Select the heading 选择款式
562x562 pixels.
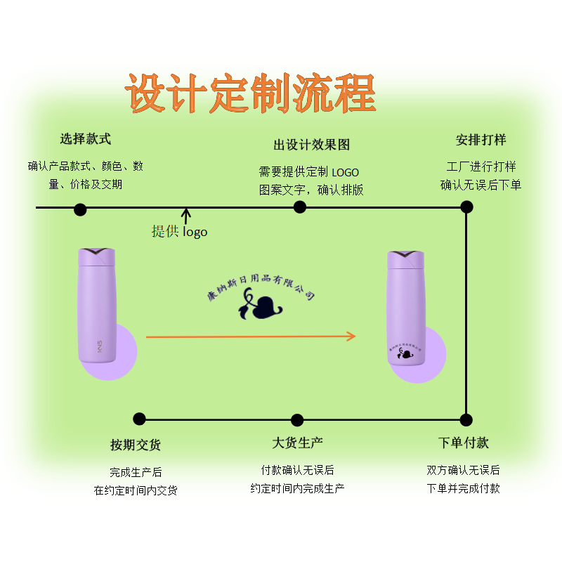(x=86, y=139)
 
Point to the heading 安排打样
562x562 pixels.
(x=481, y=139)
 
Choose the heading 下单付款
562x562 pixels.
(x=464, y=443)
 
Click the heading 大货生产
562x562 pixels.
(x=297, y=443)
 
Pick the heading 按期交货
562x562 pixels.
(x=136, y=445)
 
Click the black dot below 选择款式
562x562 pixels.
(x=80, y=209)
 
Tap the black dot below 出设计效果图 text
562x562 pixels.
(x=300, y=207)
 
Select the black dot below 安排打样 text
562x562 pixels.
(x=466, y=207)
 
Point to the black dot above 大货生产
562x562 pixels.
(x=297, y=420)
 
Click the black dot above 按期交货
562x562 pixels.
(x=139, y=419)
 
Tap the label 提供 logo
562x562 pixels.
(x=179, y=231)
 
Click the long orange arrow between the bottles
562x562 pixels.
(x=251, y=336)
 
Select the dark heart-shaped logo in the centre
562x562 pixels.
(x=261, y=308)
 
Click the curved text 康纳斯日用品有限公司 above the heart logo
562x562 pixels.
(x=261, y=285)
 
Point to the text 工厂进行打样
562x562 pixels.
(x=481, y=167)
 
